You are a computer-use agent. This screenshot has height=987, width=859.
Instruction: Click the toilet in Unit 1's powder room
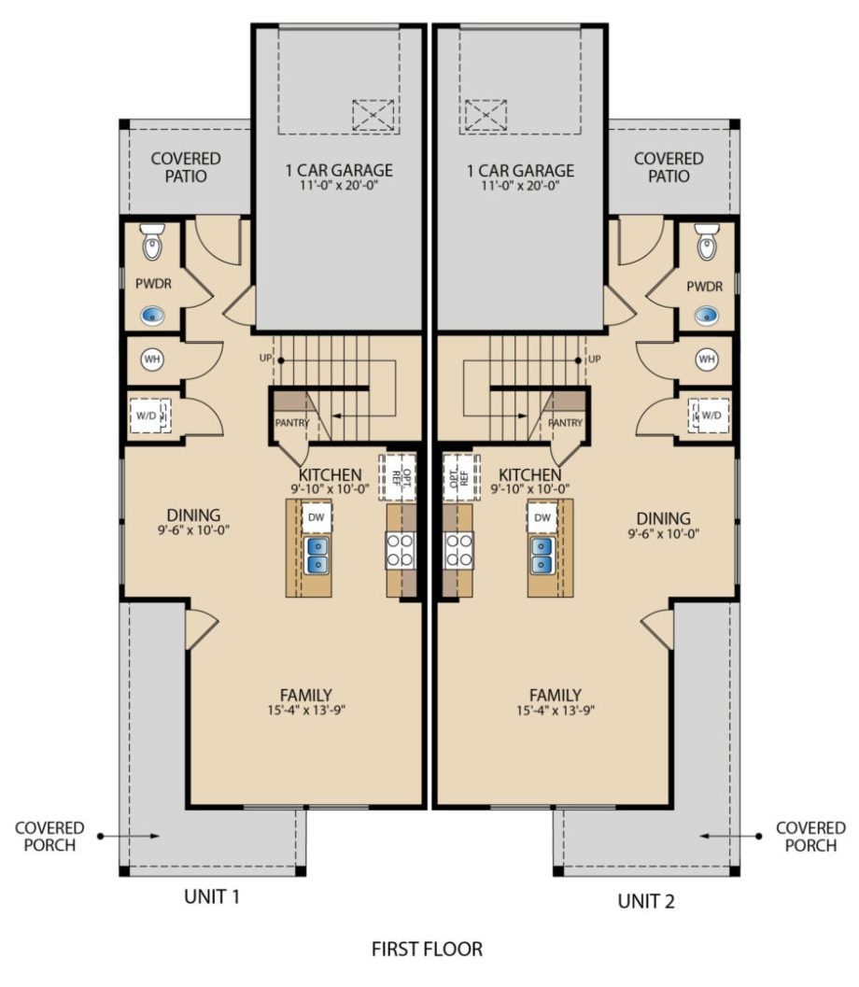point(152,242)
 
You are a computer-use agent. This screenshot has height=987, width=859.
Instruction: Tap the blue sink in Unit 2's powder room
point(707,314)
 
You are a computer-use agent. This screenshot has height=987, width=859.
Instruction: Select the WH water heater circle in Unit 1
point(151,360)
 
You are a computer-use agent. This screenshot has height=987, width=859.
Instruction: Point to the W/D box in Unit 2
point(710,415)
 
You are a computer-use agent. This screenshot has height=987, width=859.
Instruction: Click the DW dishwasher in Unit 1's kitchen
point(317,517)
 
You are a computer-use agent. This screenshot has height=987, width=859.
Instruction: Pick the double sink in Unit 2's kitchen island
point(542,556)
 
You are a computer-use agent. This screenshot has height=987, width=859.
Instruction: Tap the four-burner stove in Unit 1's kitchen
point(401,551)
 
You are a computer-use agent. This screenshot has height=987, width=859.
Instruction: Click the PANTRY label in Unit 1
point(292,423)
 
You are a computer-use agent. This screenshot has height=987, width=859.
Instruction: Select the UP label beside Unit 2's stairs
point(594,359)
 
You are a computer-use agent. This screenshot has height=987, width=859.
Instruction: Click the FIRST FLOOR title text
point(427,949)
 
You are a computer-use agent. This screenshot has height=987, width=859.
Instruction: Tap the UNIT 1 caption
point(212,896)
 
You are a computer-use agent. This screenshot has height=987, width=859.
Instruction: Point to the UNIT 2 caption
point(646,901)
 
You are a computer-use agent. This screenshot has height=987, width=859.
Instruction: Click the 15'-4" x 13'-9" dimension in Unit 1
point(306,710)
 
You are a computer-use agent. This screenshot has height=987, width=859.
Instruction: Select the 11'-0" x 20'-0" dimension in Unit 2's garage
point(520,186)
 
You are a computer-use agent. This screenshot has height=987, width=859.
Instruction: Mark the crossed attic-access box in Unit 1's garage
point(373,115)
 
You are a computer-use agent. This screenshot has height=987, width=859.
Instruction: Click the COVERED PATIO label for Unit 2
point(669,167)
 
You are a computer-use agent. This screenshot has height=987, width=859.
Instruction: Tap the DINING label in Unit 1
point(193,515)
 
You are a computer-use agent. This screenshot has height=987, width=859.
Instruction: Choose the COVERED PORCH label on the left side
point(49,837)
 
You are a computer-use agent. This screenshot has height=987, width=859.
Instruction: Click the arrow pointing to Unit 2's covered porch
point(731,836)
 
